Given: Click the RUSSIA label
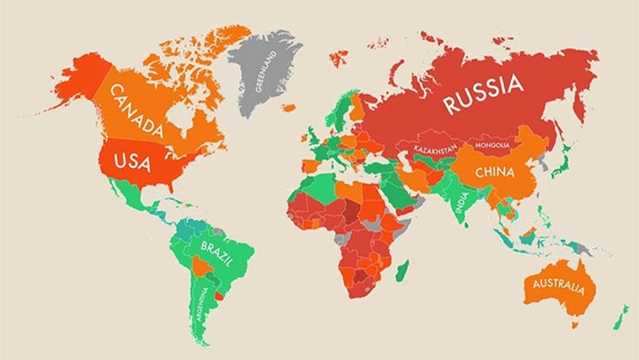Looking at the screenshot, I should (484, 93).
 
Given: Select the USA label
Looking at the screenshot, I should (132, 161).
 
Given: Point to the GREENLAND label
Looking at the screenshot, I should (263, 73).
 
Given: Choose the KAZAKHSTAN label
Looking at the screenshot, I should (435, 149).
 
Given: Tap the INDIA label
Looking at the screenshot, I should (461, 202).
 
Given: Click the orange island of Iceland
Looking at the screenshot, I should (289, 107).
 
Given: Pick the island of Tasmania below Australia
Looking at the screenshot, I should (574, 325).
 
